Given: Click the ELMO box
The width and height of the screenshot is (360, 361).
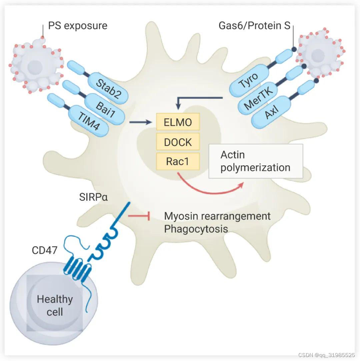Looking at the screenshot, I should point(178,122).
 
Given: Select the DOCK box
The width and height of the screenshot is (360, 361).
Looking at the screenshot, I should point(178,142).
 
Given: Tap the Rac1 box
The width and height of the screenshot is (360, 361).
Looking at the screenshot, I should point(178,162).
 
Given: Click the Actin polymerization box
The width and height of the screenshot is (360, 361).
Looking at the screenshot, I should point(255,161).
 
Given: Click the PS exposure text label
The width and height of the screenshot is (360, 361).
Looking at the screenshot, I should point(78,26).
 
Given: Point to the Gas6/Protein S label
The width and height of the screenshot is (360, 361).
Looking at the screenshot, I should point(254,26).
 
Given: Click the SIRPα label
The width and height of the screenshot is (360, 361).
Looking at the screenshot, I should point(94,197).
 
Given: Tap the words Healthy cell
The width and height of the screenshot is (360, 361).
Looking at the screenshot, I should point(55,305).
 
